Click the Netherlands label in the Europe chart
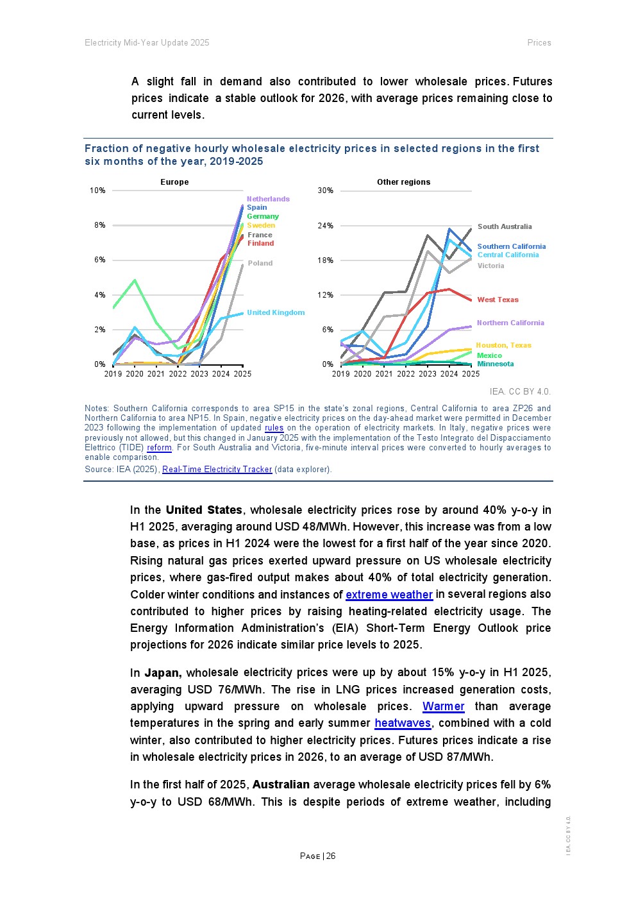[268, 199]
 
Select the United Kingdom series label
[276, 312]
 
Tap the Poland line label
[260, 263]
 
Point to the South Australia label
[505, 226]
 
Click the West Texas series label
[498, 300]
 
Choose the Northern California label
[510, 323]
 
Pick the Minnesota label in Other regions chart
[495, 364]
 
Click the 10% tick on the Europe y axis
[97, 191]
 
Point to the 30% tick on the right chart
[326, 191]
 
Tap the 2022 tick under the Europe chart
[178, 374]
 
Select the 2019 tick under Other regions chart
[341, 374]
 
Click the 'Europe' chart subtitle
[174, 182]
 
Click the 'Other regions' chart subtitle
[403, 182]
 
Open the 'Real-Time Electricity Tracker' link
[217, 470]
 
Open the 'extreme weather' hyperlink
[389, 595]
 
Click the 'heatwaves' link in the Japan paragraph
[403, 723]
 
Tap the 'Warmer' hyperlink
[443, 706]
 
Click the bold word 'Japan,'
[163, 673]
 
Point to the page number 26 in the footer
[331, 856]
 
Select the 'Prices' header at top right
[539, 43]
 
